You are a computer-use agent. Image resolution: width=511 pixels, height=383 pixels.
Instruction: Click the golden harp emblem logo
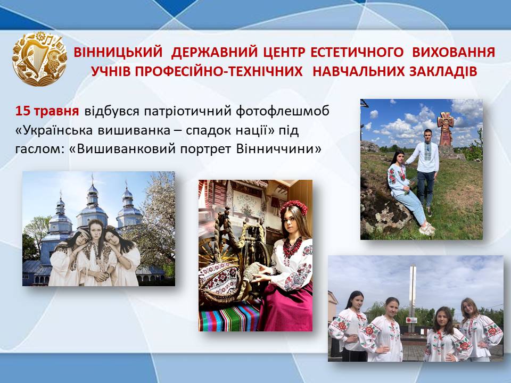(x=39, y=59)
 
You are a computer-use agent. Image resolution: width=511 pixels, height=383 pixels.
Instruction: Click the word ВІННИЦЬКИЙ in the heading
(x=118, y=53)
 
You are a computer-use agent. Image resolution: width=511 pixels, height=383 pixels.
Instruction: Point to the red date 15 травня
(x=47, y=111)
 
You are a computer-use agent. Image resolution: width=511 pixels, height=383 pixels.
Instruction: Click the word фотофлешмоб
(x=282, y=111)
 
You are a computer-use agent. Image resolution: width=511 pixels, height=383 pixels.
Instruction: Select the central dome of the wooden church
(x=92, y=204)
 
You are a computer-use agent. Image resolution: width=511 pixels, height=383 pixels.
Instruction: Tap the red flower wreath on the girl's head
(x=294, y=206)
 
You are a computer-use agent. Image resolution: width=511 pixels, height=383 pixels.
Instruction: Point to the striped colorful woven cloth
(x=230, y=315)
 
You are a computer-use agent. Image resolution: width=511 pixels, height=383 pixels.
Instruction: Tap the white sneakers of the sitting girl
(x=427, y=229)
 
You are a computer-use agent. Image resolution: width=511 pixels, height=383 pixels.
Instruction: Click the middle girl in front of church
(x=96, y=253)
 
